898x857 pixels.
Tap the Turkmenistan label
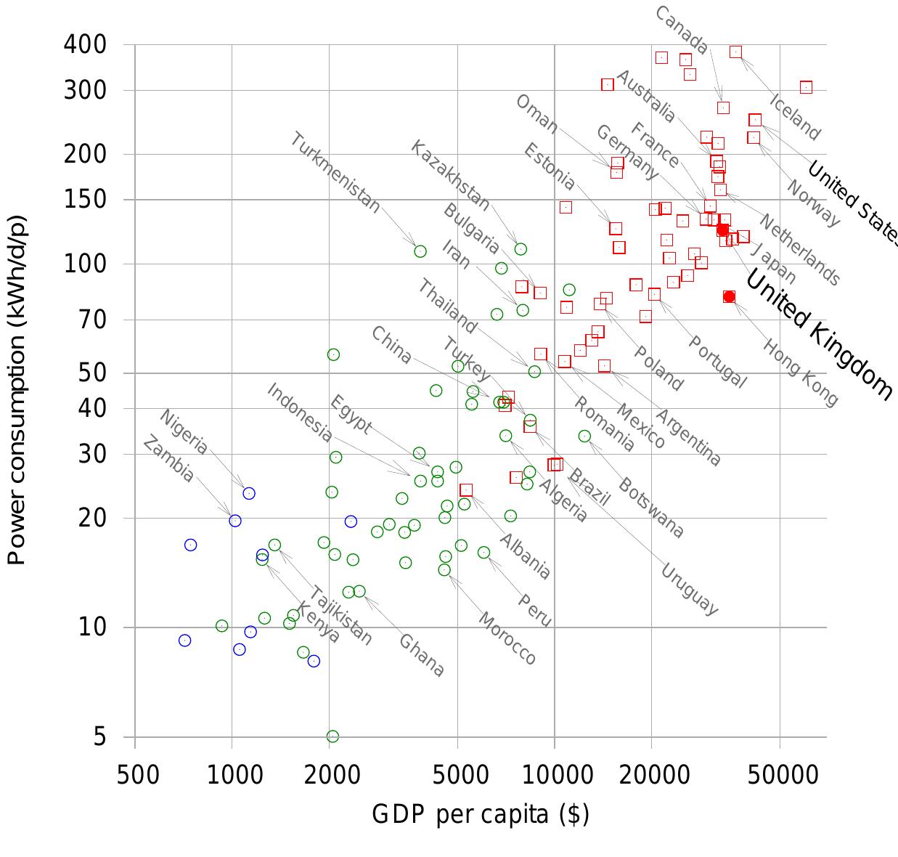335,173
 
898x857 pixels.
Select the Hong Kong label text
799,371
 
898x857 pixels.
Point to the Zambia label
168,459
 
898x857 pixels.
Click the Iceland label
795,117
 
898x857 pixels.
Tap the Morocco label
507,638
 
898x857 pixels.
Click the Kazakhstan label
450,176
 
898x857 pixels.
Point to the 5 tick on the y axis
100,736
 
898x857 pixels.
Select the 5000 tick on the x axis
457,774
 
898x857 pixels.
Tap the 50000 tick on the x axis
780,774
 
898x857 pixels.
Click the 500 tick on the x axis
138,774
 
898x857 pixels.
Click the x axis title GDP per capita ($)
480,814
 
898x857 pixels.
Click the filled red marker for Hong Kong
729,296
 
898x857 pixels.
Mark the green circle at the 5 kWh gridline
332,736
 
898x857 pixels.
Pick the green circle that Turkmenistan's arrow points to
420,251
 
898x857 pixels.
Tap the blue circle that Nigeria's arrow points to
249,493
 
